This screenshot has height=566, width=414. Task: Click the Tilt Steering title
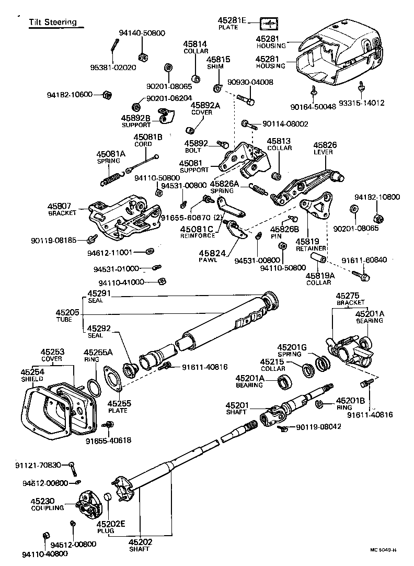[x=53, y=22]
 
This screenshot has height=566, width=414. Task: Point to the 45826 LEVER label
[x=325, y=148]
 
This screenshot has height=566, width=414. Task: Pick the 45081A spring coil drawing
[x=110, y=180]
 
